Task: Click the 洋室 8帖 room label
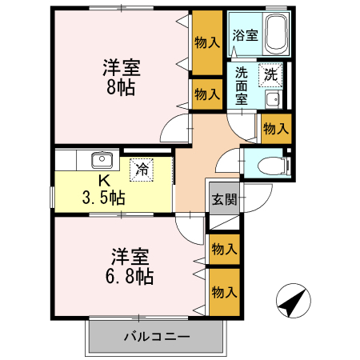tap(117, 76)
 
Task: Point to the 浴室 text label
tap(244, 35)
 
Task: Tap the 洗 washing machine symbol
tap(272, 74)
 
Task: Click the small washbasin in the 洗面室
tap(273, 99)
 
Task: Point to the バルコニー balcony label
tap(155, 336)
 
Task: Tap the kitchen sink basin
tap(101, 158)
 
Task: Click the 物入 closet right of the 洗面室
tap(275, 128)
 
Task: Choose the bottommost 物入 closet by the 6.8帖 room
tap(224, 292)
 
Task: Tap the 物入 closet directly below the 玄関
tap(224, 250)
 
